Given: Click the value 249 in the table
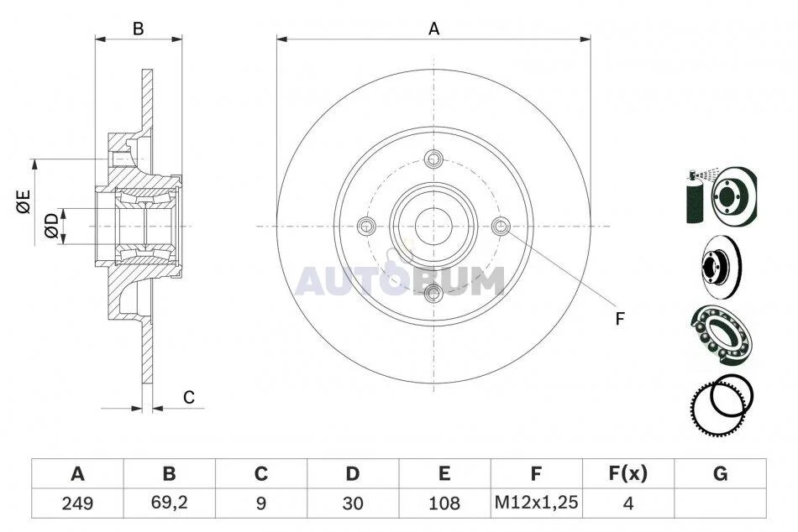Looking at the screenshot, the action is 77,503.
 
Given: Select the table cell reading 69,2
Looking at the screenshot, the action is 170,503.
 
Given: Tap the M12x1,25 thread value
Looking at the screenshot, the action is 537,503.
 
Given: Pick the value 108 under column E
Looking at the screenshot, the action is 444,503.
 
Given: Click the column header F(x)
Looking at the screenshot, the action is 628,473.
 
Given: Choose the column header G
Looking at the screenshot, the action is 720,473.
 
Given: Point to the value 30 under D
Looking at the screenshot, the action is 353,503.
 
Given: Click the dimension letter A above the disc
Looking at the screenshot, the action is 433,29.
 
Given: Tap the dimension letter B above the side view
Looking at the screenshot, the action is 138,29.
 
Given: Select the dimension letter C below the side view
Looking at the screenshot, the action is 189,397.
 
